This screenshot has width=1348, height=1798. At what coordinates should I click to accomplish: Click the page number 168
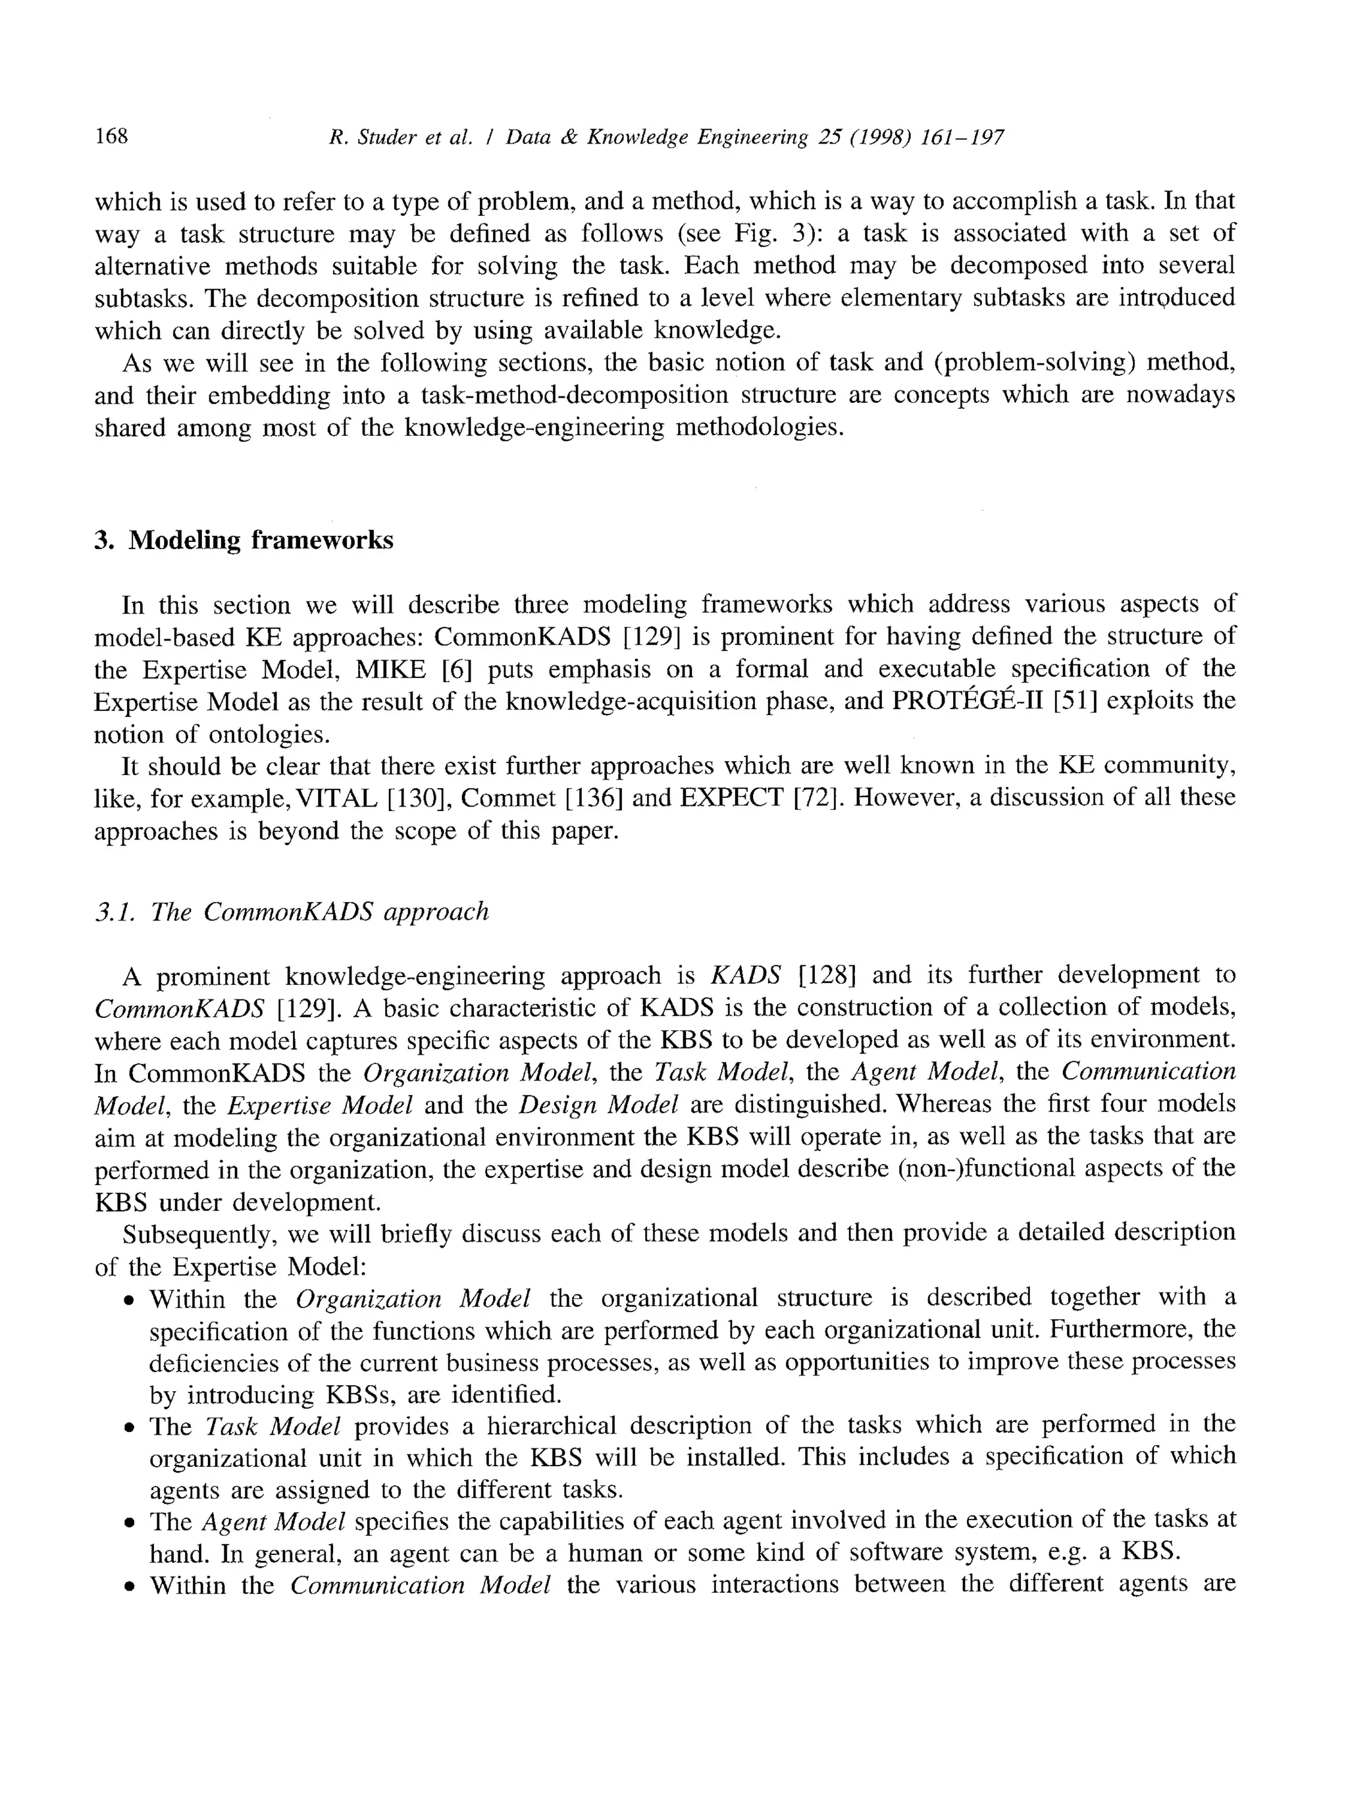click(x=111, y=135)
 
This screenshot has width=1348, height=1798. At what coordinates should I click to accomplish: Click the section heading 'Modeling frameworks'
click(x=260, y=540)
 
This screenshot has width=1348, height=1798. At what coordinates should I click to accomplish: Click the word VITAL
click(x=336, y=798)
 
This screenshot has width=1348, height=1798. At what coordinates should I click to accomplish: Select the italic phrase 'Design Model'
click(x=598, y=1105)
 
